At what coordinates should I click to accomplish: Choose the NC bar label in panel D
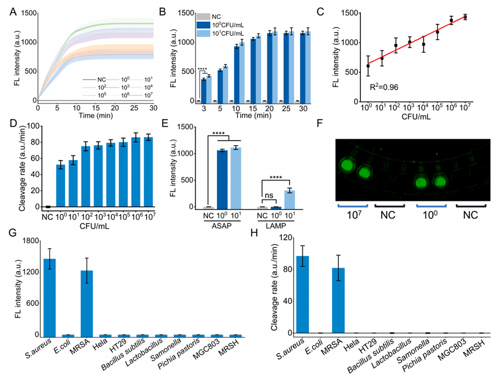point(47,216)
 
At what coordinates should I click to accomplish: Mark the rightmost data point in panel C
point(465,17)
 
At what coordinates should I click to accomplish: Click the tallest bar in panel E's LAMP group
point(290,199)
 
